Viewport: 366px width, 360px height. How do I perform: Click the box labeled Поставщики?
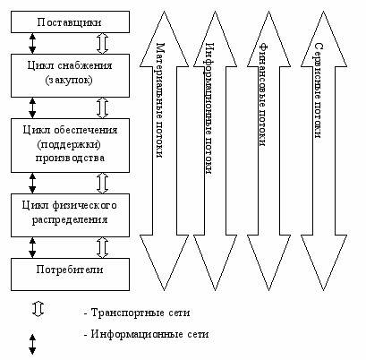[x=70, y=21]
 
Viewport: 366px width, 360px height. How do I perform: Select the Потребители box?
[x=70, y=274]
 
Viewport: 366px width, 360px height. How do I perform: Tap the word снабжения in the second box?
[x=85, y=65]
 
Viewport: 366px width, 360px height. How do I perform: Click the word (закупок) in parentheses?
[x=69, y=81]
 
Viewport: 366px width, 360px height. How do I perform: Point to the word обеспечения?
[x=86, y=131]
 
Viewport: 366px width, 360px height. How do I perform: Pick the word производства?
[x=70, y=158]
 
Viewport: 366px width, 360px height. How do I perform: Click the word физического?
[x=84, y=205]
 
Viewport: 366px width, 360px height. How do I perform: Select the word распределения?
[x=70, y=220]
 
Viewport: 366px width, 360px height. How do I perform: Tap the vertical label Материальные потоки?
[x=160, y=100]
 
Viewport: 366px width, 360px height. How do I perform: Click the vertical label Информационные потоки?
[x=209, y=108]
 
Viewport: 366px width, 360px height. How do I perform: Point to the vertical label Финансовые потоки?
[x=263, y=95]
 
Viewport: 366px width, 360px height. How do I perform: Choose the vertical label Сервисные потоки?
[x=319, y=90]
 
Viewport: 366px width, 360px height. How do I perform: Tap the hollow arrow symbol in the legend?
[x=38, y=309]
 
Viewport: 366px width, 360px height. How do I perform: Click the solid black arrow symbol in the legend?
[x=32, y=344]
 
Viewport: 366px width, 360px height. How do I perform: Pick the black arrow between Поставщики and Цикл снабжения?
[x=32, y=43]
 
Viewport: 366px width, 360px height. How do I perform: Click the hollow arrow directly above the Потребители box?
[x=102, y=247]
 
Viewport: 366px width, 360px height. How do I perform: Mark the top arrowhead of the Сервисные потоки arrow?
[x=324, y=39]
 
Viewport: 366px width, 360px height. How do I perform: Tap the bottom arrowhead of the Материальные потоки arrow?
[x=164, y=262]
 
